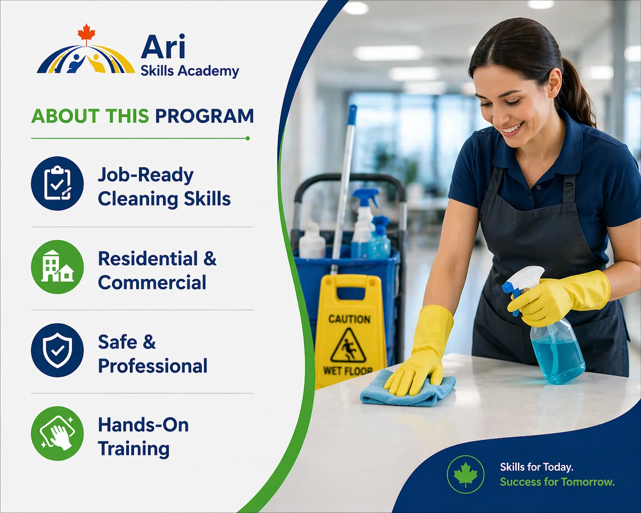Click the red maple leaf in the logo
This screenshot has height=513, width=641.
pyautogui.click(x=86, y=33)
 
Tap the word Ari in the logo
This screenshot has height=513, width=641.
pyautogui.click(x=163, y=47)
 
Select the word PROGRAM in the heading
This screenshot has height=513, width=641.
pyautogui.click(x=204, y=116)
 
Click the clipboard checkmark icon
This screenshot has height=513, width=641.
pyautogui.click(x=57, y=183)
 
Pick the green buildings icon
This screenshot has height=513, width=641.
pyautogui.click(x=57, y=267)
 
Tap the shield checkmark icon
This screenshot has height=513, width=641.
pyautogui.click(x=57, y=350)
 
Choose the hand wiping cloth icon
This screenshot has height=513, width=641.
pyautogui.click(x=57, y=433)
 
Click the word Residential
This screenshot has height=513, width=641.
pyautogui.click(x=148, y=258)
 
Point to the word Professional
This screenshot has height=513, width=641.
pyautogui.click(x=153, y=366)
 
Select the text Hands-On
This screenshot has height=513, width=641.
pyautogui.click(x=143, y=425)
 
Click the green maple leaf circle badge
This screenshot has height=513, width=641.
pyautogui.click(x=465, y=474)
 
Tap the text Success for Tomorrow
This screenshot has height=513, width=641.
pyautogui.click(x=557, y=482)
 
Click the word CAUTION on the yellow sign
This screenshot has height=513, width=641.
pyautogui.click(x=349, y=319)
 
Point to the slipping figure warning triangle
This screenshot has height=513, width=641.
pyautogui.click(x=348, y=346)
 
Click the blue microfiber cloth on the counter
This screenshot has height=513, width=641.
pyautogui.click(x=407, y=388)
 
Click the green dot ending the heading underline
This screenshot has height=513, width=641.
pyautogui.click(x=247, y=138)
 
